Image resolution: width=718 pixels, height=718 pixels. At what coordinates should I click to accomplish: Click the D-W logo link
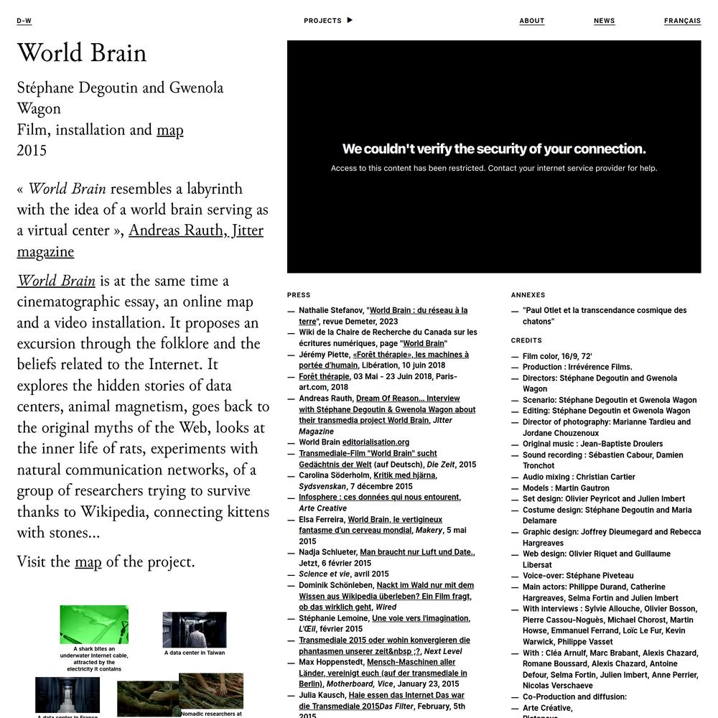(x=24, y=21)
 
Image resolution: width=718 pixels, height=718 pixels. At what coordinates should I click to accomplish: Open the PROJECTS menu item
(x=323, y=21)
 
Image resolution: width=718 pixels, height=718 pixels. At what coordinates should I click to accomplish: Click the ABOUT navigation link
(x=532, y=21)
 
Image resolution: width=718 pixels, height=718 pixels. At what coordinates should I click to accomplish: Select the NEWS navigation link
(x=605, y=21)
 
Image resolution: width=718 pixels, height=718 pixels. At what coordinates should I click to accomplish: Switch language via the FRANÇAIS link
(x=682, y=21)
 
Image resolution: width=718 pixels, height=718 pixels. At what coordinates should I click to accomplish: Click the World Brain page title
(x=82, y=53)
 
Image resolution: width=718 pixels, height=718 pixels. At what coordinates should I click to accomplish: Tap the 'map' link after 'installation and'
(x=170, y=130)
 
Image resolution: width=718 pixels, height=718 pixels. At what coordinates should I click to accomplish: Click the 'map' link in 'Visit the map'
(x=88, y=562)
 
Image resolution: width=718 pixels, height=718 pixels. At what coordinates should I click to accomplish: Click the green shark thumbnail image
(x=94, y=625)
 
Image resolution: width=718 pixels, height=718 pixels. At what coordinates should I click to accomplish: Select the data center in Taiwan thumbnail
(x=195, y=630)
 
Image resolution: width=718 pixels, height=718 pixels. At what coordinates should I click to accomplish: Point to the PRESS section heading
(x=299, y=295)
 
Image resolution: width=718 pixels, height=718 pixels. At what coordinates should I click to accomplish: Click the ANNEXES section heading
(x=528, y=295)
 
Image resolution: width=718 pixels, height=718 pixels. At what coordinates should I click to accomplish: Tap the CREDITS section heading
(x=526, y=340)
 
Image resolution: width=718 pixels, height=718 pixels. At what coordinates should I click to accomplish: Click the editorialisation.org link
(x=376, y=442)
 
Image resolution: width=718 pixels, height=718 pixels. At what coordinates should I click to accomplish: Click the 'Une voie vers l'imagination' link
(x=420, y=618)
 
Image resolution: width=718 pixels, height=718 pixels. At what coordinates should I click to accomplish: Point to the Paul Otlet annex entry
(x=605, y=316)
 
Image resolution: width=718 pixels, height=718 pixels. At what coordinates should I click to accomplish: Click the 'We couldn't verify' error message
(x=494, y=149)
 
